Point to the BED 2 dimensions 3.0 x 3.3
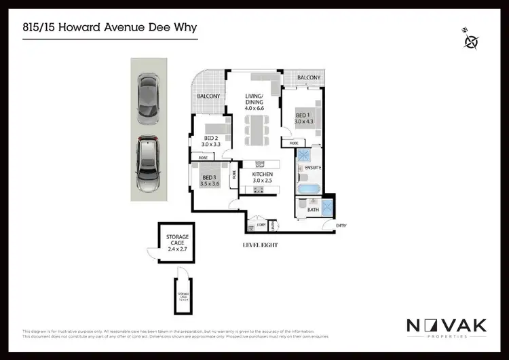click(x=212, y=144)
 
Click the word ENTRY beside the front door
click(x=341, y=226)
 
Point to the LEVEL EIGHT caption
click(x=260, y=245)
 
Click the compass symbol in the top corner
click(x=470, y=41)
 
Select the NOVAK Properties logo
click(x=447, y=327)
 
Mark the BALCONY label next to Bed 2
click(x=208, y=96)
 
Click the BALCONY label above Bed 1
click(x=309, y=78)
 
